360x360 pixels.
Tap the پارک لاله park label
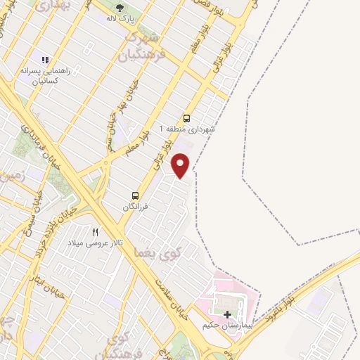point(120,18)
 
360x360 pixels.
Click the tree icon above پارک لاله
point(120,8)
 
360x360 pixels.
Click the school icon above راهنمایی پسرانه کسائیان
point(46,60)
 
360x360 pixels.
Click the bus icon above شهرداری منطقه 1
point(186,118)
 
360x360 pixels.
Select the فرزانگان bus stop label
point(135,207)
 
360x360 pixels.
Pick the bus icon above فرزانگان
point(135,195)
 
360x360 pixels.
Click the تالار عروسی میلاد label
point(96,243)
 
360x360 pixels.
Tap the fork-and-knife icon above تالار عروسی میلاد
point(96,231)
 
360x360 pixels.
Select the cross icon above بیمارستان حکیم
point(227,314)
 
